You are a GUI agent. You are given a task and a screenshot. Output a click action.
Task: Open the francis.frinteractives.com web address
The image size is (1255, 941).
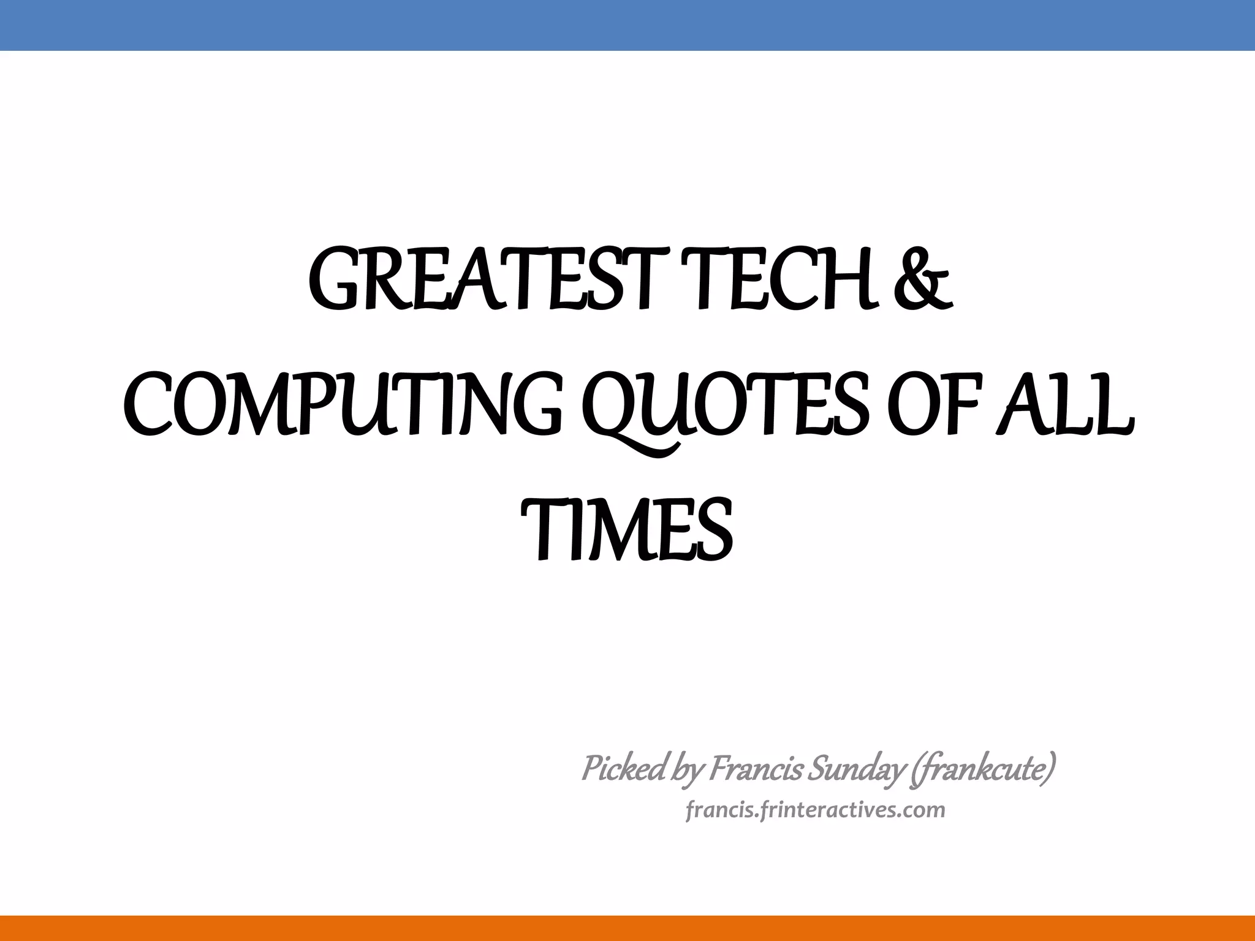click(815, 810)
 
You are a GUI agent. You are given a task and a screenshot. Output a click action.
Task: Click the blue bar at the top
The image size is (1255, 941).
click(627, 25)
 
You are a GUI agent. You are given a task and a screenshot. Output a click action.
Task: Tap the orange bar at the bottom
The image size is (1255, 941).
click(627, 928)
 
